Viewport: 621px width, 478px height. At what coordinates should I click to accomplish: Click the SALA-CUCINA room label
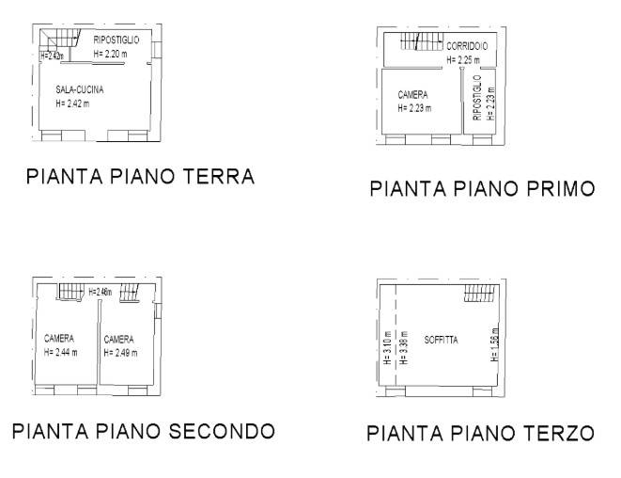79,89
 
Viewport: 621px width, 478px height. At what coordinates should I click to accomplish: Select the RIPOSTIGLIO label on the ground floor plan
116,40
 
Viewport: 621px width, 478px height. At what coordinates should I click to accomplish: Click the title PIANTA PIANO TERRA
141,177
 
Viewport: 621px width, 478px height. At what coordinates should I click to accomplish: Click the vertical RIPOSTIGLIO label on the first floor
477,98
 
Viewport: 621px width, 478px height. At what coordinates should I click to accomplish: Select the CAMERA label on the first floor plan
413,95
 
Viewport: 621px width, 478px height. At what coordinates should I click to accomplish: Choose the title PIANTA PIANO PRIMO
482,189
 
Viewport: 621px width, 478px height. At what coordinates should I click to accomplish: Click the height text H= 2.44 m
61,353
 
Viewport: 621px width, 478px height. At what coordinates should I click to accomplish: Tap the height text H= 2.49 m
120,353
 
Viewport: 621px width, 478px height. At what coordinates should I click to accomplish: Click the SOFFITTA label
440,339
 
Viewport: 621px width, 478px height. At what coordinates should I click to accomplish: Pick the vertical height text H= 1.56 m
495,345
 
